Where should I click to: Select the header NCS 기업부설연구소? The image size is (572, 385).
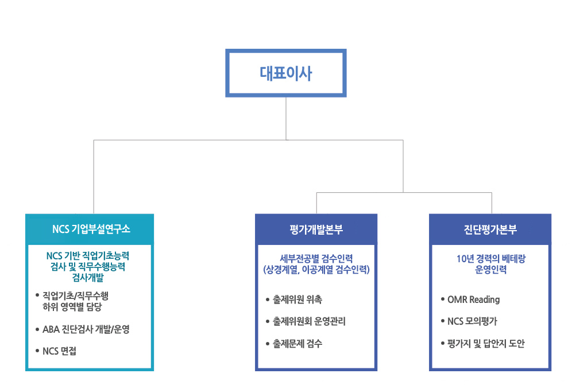click(x=91, y=229)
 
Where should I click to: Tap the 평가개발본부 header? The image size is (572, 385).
click(x=316, y=230)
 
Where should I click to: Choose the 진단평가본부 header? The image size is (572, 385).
click(x=490, y=230)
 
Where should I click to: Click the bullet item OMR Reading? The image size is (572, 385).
click(x=473, y=300)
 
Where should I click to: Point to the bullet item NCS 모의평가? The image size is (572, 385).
click(x=472, y=321)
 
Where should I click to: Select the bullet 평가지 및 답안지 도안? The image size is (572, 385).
click(x=485, y=343)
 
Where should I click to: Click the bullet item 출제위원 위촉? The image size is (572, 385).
click(x=297, y=300)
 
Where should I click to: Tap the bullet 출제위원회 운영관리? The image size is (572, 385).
click(x=309, y=321)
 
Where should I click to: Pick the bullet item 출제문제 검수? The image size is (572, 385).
click(x=297, y=343)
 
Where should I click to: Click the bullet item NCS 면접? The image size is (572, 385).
click(x=60, y=351)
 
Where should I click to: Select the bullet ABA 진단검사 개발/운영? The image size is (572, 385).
click(x=86, y=329)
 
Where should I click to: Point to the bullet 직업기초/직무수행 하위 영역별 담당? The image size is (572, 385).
click(x=75, y=301)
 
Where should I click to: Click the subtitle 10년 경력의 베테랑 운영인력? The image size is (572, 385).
click(x=491, y=264)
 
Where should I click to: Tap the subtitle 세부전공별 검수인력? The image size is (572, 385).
click(x=316, y=259)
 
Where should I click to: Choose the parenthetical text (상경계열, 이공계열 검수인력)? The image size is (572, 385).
click(x=316, y=270)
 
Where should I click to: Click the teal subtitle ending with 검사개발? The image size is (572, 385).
click(x=88, y=266)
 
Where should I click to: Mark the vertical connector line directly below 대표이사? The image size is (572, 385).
click(x=286, y=119)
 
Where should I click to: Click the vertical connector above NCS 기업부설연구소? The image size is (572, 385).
click(x=94, y=177)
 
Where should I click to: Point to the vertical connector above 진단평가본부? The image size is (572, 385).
click(x=492, y=203)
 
